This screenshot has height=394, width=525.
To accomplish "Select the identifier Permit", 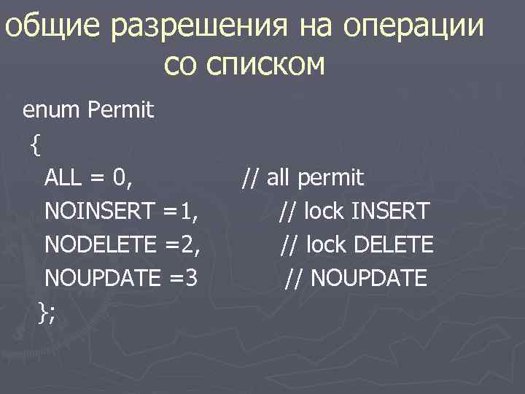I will pyautogui.click(x=120, y=111).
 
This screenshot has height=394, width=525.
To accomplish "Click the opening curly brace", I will pyautogui.click(x=36, y=144).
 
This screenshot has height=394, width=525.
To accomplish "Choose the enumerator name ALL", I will pyautogui.click(x=64, y=178).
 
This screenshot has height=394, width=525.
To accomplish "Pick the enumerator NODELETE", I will pyautogui.click(x=99, y=244).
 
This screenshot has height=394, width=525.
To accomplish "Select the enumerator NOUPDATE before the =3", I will pyautogui.click(x=101, y=278).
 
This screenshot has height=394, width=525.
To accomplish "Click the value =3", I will pyautogui.click(x=180, y=278).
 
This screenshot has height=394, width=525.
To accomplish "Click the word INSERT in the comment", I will pyautogui.click(x=390, y=212).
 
